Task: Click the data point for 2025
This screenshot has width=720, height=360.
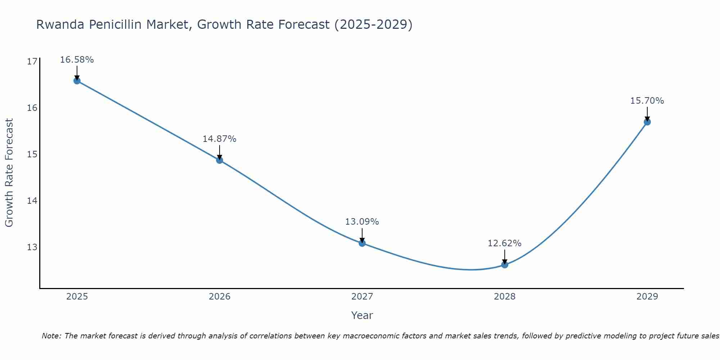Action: click(77, 81)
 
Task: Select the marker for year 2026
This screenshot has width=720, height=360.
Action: click(220, 160)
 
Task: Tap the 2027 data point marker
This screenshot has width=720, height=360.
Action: click(362, 243)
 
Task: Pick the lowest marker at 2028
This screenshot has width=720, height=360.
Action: click(505, 265)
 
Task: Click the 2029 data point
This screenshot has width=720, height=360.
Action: click(647, 122)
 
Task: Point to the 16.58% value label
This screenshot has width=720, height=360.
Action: click(77, 60)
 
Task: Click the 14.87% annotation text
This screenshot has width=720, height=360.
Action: click(219, 139)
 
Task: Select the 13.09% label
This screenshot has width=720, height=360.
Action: click(362, 222)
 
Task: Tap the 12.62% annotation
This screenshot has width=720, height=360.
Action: click(504, 243)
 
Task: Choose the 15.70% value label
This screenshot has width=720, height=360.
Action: click(647, 101)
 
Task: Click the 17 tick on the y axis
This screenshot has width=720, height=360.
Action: click(32, 62)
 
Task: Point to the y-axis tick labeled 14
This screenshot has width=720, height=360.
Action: click(32, 201)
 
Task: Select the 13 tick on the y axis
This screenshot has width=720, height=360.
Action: click(32, 247)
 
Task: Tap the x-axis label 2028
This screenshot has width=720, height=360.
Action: click(504, 297)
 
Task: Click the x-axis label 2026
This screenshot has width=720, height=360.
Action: click(220, 297)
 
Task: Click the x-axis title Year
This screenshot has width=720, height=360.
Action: click(362, 315)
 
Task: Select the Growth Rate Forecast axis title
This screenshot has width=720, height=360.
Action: click(9, 173)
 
